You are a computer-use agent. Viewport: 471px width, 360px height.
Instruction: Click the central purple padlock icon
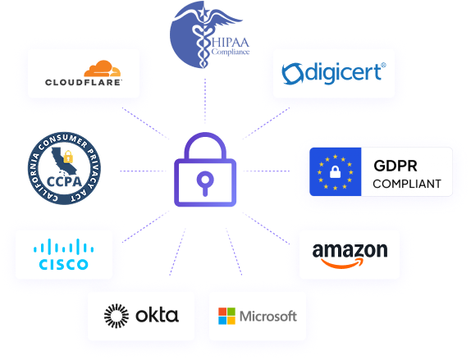pos(205,171)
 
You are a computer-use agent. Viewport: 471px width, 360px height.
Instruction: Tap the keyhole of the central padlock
pos(205,182)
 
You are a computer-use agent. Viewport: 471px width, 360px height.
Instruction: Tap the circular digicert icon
pos(292,74)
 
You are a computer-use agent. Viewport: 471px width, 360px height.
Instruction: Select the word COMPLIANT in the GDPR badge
pos(406,182)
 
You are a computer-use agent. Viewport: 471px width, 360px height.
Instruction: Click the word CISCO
pos(63,264)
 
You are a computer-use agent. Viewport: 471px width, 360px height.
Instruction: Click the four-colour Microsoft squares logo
pos(227,316)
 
